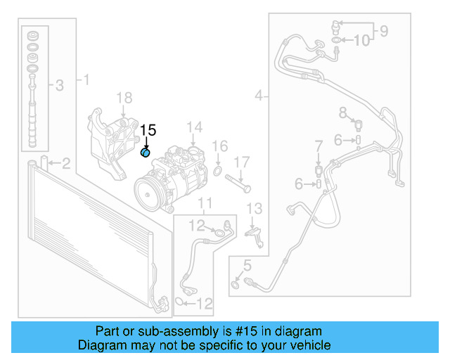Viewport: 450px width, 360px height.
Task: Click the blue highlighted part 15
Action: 146,153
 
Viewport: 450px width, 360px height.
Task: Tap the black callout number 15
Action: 148,130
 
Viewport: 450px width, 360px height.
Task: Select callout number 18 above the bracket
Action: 124,98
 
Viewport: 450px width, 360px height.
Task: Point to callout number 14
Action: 195,127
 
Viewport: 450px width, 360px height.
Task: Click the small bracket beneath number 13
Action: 255,235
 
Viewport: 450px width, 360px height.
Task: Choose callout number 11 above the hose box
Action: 205,205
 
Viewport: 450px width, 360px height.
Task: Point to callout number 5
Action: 247,265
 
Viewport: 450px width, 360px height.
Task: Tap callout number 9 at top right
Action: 384,30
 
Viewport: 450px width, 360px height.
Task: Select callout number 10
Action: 361,41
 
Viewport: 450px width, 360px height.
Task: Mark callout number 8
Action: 343,112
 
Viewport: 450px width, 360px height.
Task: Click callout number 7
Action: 318,146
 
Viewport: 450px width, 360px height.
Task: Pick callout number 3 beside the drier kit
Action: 59,86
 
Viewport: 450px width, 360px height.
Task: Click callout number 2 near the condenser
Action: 65,165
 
